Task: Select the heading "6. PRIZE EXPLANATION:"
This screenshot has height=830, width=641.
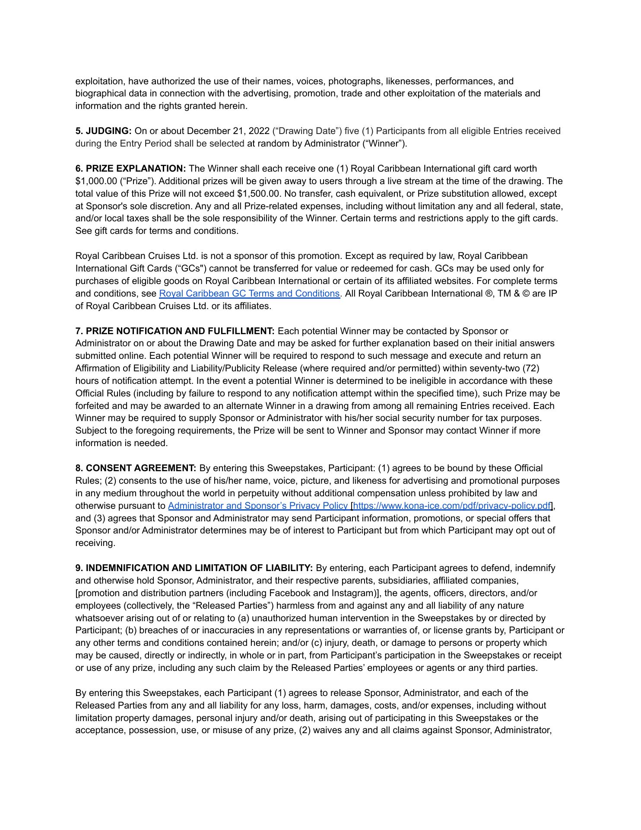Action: click(130, 169)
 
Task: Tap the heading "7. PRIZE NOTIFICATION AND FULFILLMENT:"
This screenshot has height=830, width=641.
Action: click(175, 331)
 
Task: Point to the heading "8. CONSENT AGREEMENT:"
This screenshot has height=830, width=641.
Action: click(136, 468)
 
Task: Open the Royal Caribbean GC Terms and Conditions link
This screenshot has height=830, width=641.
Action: click(249, 294)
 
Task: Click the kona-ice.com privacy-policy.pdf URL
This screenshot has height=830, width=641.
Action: click(452, 506)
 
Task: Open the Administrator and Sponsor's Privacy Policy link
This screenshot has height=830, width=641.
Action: click(258, 506)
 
